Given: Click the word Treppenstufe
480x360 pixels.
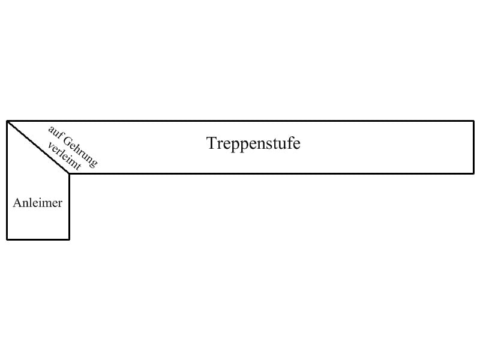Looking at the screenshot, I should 253,144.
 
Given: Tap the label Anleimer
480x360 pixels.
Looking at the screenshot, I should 37,203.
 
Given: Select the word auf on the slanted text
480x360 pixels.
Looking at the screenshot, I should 53,131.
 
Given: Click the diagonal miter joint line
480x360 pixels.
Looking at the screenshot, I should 38,147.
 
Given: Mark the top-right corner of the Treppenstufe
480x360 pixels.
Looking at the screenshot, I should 473,121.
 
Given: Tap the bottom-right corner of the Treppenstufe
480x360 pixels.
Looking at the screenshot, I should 473,173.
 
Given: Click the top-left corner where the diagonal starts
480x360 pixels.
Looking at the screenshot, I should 7,121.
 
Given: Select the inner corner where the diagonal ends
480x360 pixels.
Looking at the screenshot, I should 69,173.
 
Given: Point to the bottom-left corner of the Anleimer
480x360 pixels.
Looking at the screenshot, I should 7,239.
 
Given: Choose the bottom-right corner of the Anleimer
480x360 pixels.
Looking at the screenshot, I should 69,239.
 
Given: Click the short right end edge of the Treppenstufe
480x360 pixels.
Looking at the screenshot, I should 473,147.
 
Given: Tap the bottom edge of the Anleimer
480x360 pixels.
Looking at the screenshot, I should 38,239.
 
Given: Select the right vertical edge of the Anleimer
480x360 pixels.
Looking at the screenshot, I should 69,206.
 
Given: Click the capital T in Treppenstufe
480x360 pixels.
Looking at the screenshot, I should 211,144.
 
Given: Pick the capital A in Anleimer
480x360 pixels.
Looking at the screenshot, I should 17,203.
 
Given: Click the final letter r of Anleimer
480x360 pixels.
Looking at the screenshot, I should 59,204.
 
